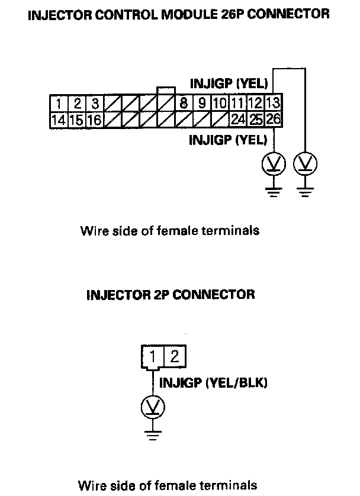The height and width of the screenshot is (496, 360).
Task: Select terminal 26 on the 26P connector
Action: coord(273,120)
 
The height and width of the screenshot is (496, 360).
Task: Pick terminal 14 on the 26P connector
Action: coord(58,120)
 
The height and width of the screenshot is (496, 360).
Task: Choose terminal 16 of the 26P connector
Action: coord(94,120)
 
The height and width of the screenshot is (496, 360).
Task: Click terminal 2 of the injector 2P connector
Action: coord(174,357)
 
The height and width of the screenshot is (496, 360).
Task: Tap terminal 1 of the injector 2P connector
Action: coord(153,357)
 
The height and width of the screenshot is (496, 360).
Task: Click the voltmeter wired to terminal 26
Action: coord(273,163)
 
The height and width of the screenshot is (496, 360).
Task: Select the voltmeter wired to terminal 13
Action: coord(306,163)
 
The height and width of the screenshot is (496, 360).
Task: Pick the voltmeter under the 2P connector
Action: coord(153,407)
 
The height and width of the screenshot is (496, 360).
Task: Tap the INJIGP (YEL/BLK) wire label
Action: coord(214,383)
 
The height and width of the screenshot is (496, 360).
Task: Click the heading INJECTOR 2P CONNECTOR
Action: coord(171,294)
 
